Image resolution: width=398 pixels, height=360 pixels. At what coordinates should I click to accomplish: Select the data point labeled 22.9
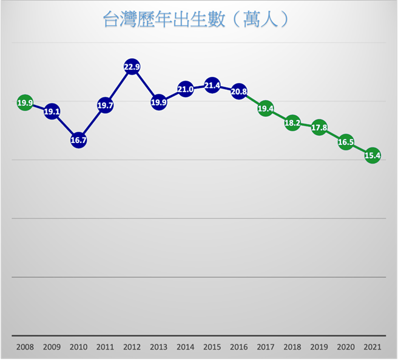(132, 67)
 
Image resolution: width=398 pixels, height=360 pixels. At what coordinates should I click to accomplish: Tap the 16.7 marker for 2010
(78, 140)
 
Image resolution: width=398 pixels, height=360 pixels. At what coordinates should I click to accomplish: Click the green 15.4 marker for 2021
(373, 156)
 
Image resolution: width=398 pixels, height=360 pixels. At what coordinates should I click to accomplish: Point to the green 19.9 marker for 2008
(25, 103)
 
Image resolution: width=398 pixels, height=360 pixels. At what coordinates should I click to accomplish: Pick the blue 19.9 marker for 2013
(158, 102)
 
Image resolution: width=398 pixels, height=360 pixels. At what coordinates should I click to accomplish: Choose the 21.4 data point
(212, 85)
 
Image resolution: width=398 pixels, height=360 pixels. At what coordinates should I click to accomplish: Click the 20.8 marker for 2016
(239, 92)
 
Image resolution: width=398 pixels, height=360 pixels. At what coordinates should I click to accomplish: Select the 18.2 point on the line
(292, 122)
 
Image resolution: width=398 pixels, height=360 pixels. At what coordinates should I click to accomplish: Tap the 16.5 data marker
(346, 142)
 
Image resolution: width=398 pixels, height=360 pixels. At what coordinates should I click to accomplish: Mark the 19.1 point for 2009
(52, 112)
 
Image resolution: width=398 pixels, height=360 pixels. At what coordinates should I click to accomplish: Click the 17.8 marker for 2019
(319, 127)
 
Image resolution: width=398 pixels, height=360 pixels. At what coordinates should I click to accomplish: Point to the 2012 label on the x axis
(132, 347)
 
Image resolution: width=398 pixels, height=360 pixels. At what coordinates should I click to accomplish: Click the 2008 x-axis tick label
(25, 347)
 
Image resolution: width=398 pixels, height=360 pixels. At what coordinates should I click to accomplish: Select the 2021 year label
(372, 347)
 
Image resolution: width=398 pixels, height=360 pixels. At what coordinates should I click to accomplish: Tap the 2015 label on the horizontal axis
(212, 347)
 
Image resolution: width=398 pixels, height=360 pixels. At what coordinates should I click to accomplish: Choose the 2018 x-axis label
(292, 347)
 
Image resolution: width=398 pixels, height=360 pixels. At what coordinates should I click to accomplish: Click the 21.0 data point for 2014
(185, 89)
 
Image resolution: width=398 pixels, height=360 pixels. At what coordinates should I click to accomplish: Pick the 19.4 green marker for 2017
(266, 109)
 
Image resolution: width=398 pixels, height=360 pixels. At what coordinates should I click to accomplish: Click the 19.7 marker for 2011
(105, 105)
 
